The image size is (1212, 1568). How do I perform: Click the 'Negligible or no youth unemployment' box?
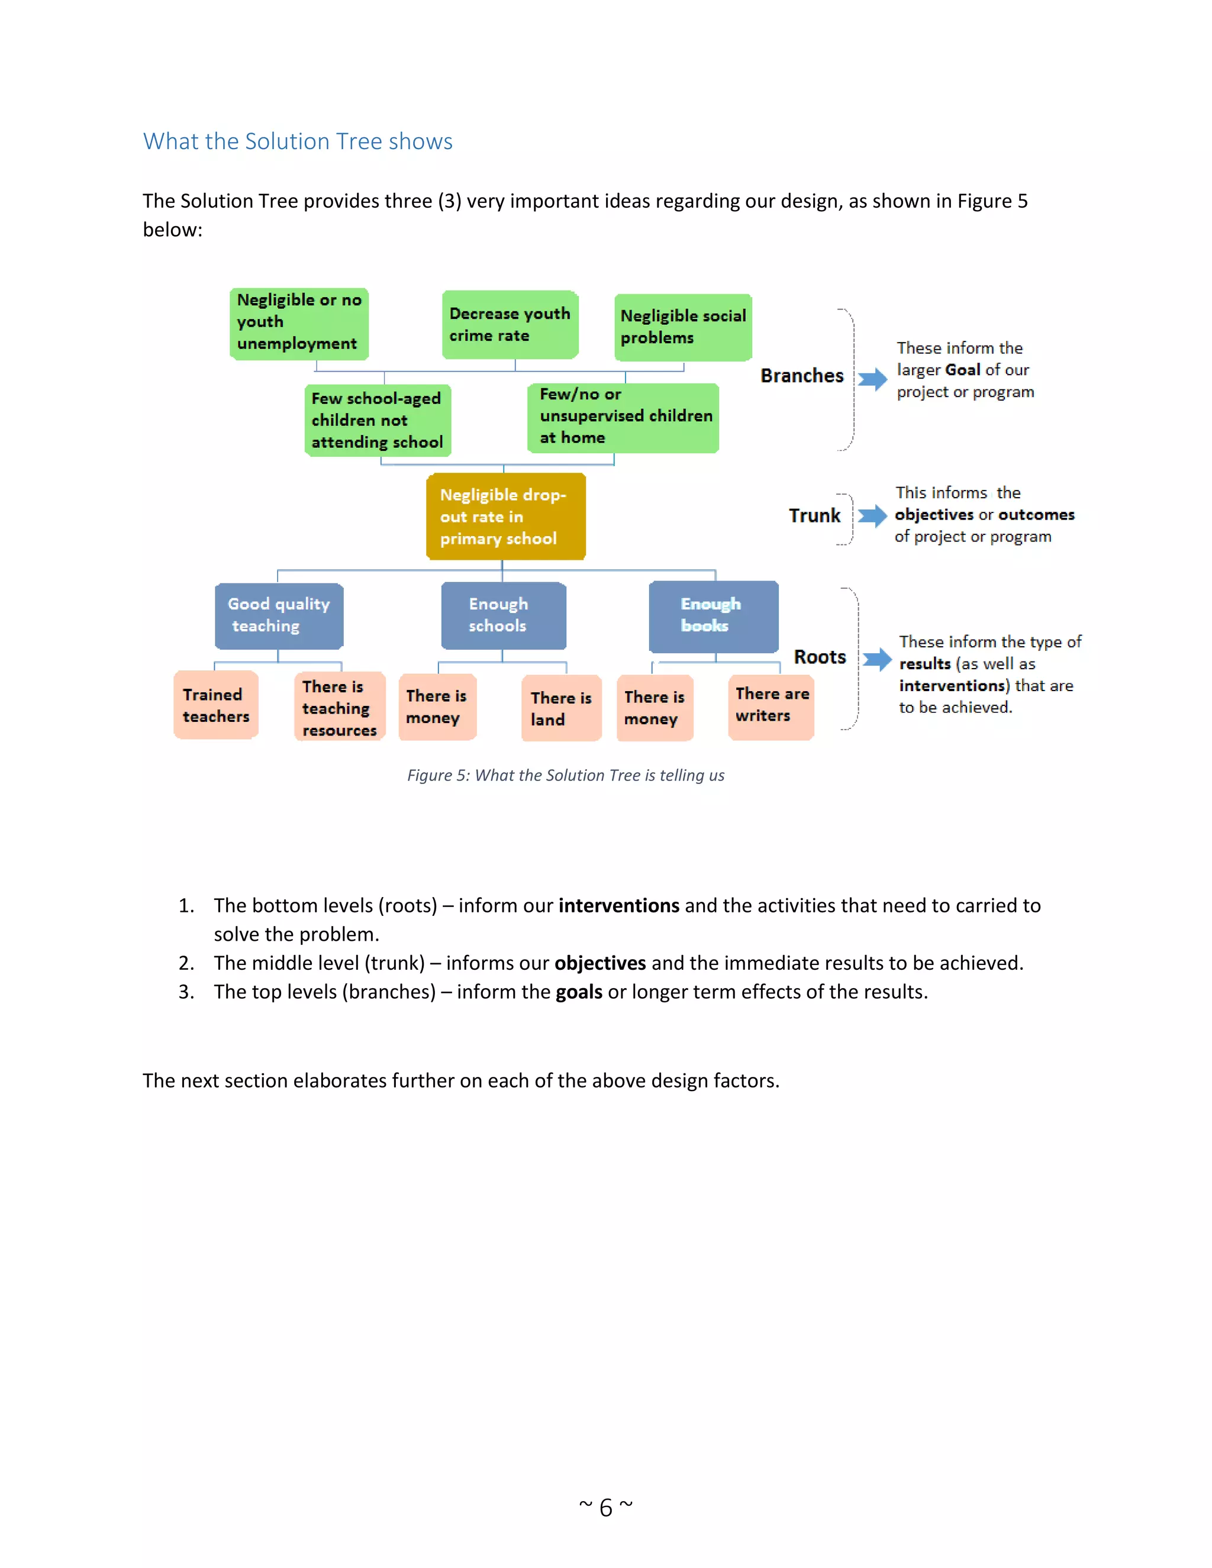(299, 323)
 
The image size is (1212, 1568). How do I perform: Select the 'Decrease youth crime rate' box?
(510, 324)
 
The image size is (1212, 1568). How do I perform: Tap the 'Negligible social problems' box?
(683, 327)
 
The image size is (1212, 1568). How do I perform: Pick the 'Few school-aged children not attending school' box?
(378, 420)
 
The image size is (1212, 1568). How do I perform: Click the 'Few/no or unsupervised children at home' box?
(623, 417)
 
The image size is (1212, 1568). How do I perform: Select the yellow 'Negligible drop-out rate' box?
(505, 516)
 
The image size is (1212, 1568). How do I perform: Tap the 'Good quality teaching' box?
(279, 615)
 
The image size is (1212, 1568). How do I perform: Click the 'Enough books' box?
(713, 615)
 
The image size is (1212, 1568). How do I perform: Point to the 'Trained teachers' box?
(216, 705)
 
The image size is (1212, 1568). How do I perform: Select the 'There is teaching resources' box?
(340, 707)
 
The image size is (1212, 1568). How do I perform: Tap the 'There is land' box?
(561, 708)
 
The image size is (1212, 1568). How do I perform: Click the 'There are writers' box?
(771, 705)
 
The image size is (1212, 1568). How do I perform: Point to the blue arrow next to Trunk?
(872, 515)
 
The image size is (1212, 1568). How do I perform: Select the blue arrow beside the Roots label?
(876, 659)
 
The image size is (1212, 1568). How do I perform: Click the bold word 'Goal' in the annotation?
(963, 370)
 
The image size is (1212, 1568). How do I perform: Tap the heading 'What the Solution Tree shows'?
(297, 141)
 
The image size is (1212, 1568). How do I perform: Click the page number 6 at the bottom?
(606, 1507)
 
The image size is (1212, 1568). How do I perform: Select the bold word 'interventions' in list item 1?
(618, 905)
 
